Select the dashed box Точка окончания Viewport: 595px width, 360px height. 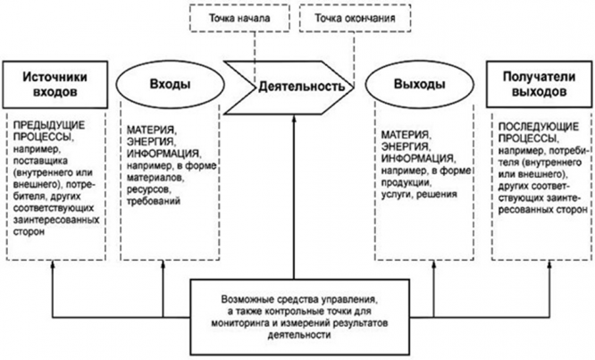coord(344,15)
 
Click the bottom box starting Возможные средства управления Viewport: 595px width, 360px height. coord(287,315)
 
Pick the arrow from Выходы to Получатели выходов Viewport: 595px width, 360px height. coord(473,83)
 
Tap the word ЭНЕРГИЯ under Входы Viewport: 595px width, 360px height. coord(147,141)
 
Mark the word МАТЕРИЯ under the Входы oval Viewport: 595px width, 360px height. coord(148,129)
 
